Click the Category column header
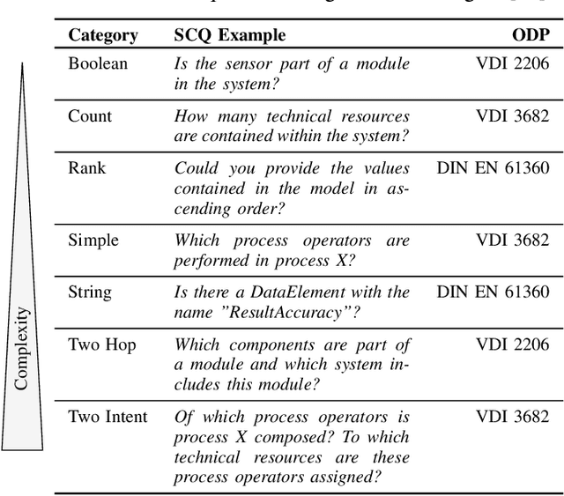[103, 36]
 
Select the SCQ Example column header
[229, 36]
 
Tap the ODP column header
[531, 36]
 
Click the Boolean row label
[98, 63]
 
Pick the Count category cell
[90, 115]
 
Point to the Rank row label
[87, 167]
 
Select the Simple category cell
[93, 239]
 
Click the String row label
[91, 292]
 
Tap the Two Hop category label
[101, 345]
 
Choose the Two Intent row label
[108, 417]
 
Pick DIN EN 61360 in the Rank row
[493, 167]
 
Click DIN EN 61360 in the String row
[493, 292]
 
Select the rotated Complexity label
[23, 348]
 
